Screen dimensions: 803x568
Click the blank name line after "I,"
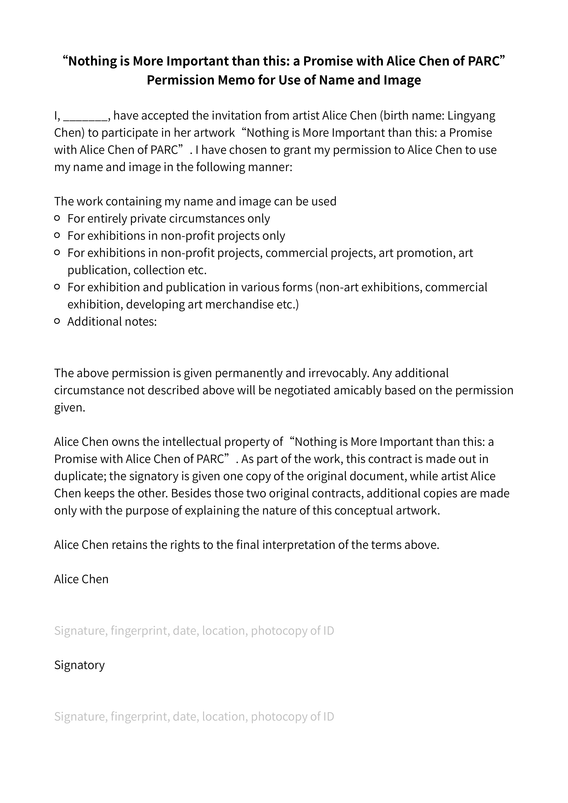point(86,116)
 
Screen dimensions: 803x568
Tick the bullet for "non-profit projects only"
point(57,236)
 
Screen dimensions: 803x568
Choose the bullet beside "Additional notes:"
point(57,321)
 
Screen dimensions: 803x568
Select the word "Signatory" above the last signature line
point(79,665)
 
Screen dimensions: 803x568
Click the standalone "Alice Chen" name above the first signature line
point(81,579)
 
